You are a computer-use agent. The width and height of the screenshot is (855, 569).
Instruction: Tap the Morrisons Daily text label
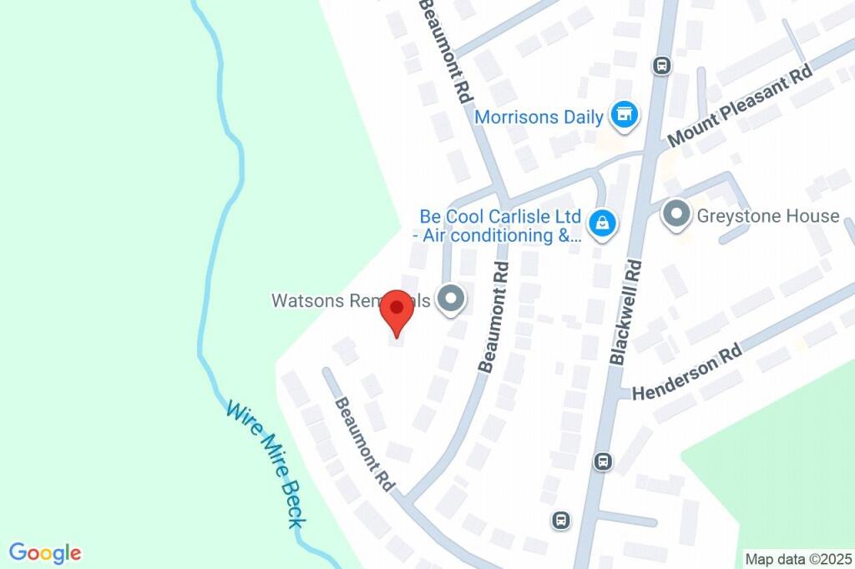[539, 117]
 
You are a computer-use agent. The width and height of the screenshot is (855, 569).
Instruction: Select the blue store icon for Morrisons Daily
[623, 116]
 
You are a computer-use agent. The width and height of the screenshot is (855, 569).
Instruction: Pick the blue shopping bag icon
[601, 223]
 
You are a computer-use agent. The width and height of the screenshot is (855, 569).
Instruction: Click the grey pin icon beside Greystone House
[675, 215]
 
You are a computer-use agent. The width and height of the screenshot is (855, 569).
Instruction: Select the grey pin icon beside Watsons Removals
[451, 300]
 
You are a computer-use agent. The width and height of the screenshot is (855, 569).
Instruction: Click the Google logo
[45, 552]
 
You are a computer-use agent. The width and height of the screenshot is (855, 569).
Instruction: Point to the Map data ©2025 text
[797, 558]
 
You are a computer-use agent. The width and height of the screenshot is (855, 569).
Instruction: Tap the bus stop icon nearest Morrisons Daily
[661, 65]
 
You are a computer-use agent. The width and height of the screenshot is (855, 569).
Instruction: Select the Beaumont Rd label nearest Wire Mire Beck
[364, 444]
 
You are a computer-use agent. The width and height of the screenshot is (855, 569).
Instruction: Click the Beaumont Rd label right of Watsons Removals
[493, 317]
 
